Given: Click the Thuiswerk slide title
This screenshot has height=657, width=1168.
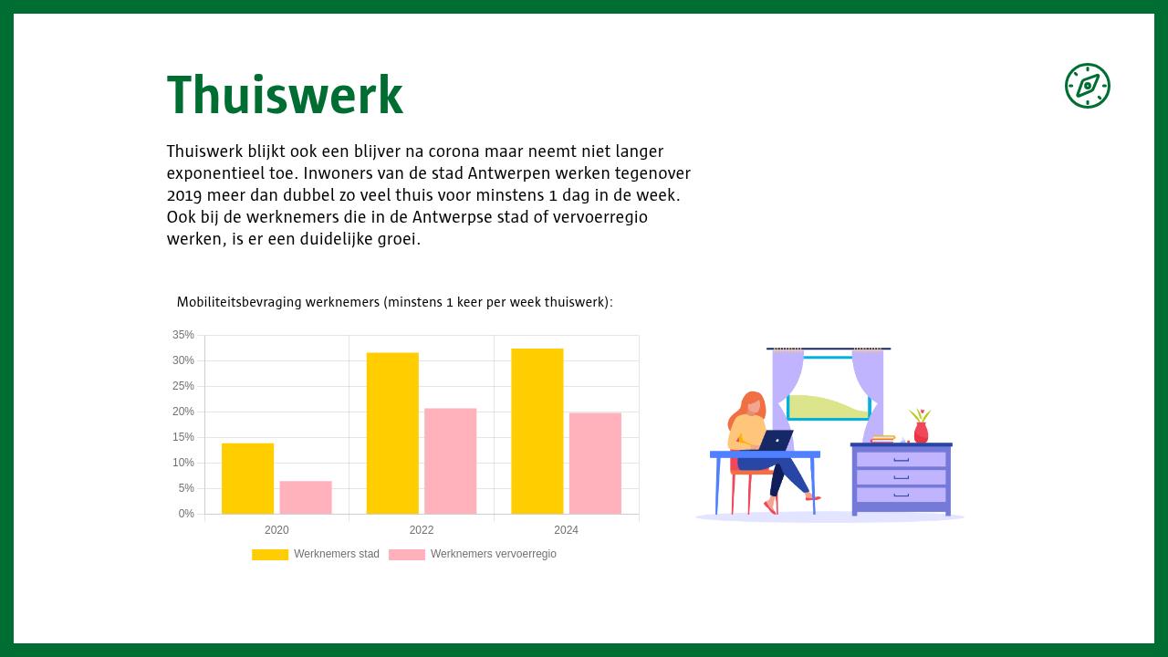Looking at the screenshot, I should pyautogui.click(x=285, y=96).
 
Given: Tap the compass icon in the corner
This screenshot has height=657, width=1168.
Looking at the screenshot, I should pyautogui.click(x=1087, y=86).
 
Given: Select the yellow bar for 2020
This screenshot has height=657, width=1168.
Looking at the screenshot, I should pyautogui.click(x=247, y=478).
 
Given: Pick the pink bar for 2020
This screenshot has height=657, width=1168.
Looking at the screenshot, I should pyautogui.click(x=306, y=497).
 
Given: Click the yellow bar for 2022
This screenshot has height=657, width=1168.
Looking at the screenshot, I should pyautogui.click(x=392, y=433).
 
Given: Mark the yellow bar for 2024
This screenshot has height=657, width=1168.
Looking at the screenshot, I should pyautogui.click(x=537, y=431).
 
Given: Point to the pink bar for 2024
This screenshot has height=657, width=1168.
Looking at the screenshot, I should pyautogui.click(x=595, y=464).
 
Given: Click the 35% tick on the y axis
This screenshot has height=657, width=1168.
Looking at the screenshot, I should pyautogui.click(x=183, y=335).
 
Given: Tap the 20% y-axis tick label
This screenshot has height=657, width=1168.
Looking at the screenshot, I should pyautogui.click(x=183, y=412).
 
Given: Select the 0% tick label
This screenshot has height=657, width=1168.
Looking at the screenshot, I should pyautogui.click(x=186, y=514).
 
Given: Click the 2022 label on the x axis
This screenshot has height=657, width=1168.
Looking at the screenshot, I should pyautogui.click(x=422, y=530).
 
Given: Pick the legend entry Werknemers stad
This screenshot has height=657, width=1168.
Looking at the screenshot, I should pyautogui.click(x=316, y=554).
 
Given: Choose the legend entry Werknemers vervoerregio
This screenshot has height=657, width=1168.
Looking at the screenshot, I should pyautogui.click(x=473, y=554).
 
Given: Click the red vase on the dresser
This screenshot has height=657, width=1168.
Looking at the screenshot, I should pyautogui.click(x=921, y=433).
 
